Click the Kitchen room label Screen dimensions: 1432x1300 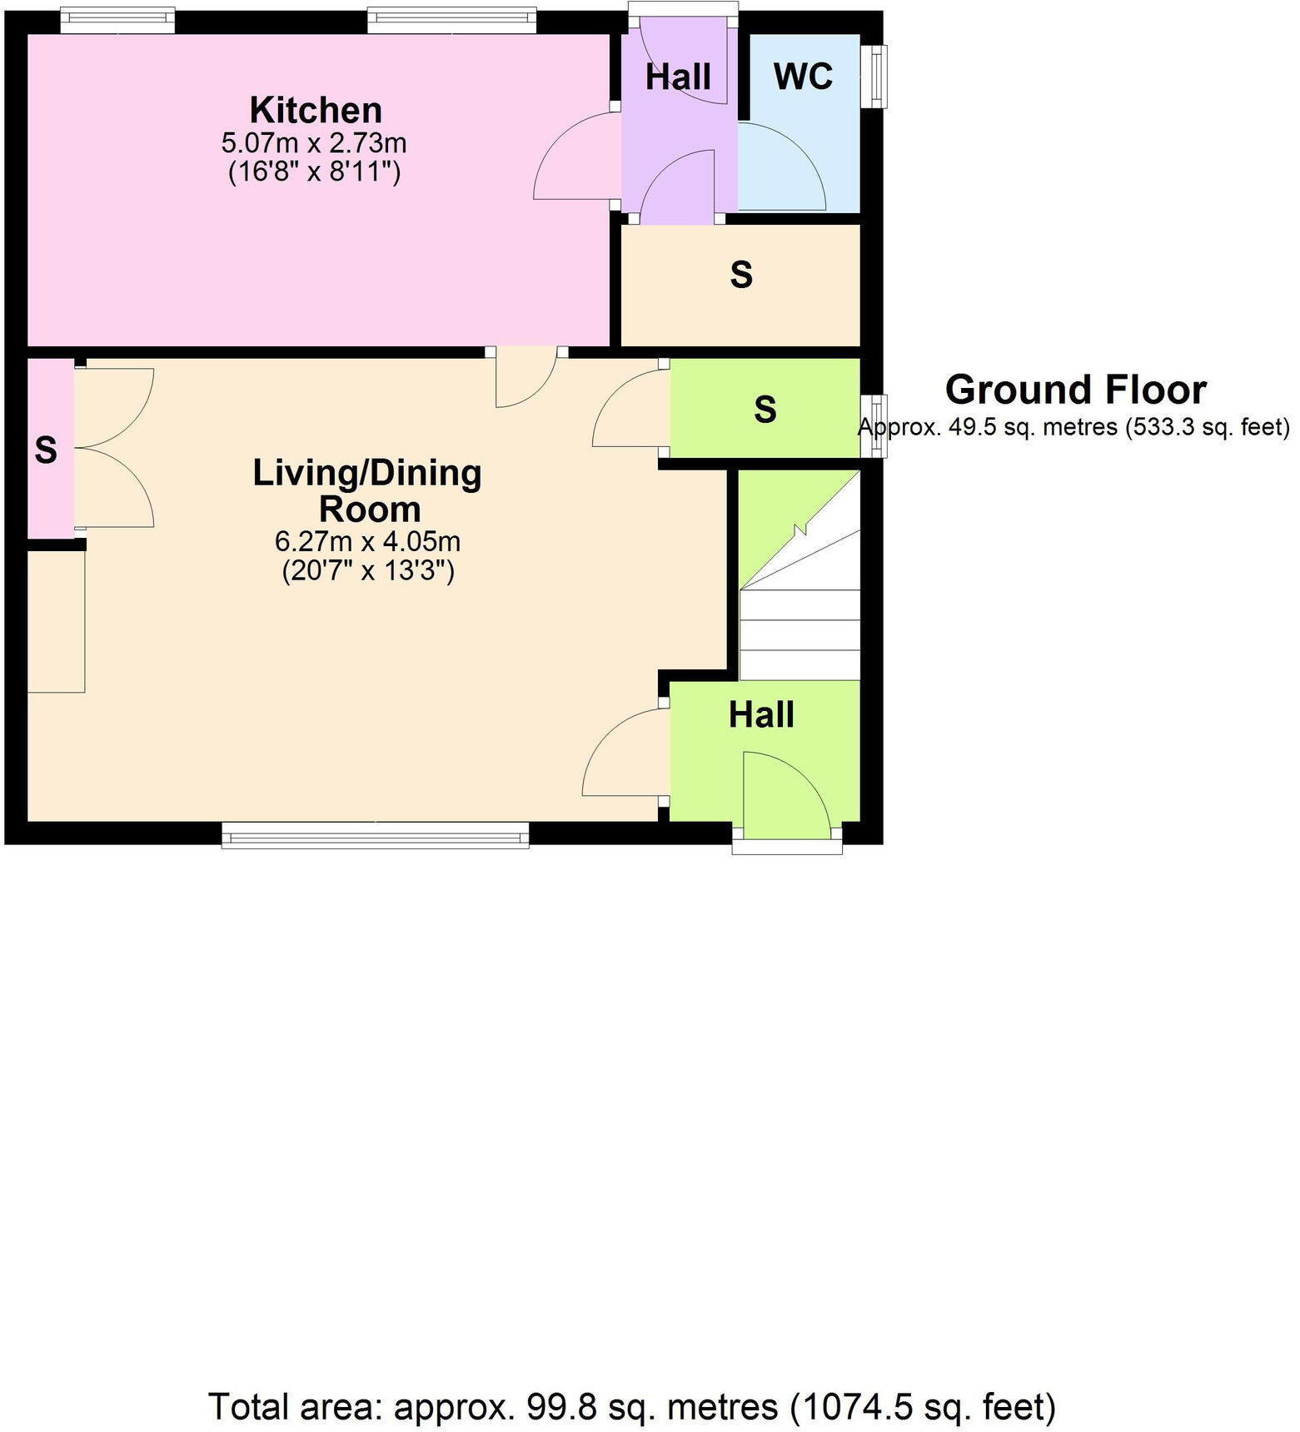[x=316, y=110]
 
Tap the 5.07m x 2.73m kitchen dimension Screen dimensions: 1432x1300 [x=314, y=143]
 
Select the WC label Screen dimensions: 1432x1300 [x=803, y=77]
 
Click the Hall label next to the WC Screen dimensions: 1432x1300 [x=678, y=77]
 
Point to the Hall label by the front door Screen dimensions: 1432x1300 [x=761, y=714]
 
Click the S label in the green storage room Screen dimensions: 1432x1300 [x=765, y=409]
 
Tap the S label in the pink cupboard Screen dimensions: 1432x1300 [x=46, y=450]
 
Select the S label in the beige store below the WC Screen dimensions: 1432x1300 [x=740, y=274]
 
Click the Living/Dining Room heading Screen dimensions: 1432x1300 [x=368, y=490]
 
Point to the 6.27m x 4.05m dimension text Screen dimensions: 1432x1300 [x=367, y=542]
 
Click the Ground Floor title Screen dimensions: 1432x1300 [x=1075, y=390]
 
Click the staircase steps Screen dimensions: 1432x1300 [x=799, y=633]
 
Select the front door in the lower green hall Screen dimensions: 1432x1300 [x=785, y=795]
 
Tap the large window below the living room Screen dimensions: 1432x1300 [x=375, y=835]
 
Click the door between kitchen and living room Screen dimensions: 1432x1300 [x=526, y=377]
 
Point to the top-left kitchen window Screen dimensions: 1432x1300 [x=117, y=19]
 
